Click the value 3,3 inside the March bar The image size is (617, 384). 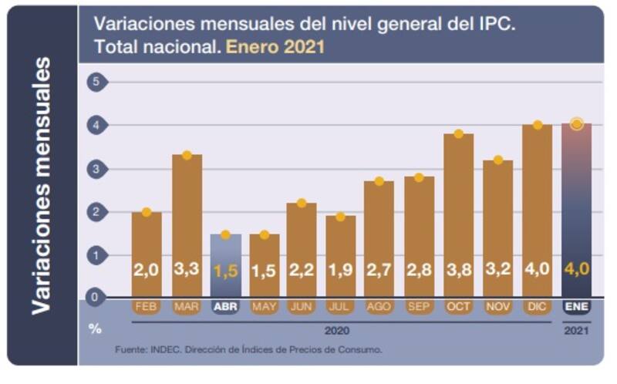click(x=187, y=270)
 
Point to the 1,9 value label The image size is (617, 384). click(x=341, y=270)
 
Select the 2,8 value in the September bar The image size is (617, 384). click(x=420, y=270)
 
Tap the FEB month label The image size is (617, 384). click(x=147, y=306)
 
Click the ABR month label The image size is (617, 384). click(x=225, y=306)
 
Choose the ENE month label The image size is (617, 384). click(x=576, y=306)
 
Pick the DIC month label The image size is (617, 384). click(x=538, y=306)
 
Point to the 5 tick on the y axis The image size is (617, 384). click(x=96, y=82)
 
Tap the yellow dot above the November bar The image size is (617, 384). click(x=498, y=160)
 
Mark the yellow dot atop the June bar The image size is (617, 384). click(x=302, y=203)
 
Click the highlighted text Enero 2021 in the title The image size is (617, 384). click(x=275, y=47)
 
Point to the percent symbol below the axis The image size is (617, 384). click(x=95, y=328)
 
